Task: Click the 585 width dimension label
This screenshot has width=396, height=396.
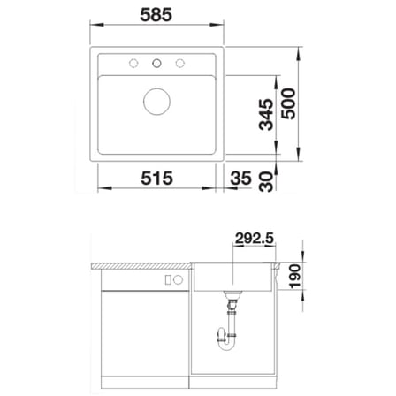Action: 156,15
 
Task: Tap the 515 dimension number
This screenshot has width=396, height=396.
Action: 156,178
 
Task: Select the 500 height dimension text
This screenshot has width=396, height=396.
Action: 288,103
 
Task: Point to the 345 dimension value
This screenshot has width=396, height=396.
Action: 266,115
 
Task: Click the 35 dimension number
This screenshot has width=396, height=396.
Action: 241,178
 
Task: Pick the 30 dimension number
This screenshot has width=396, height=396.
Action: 266,182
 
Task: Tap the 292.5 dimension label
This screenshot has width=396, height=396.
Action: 255,238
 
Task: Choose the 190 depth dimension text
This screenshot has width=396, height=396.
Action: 294,276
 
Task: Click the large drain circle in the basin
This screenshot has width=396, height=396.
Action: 156,102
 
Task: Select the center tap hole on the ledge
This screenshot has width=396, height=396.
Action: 156,63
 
